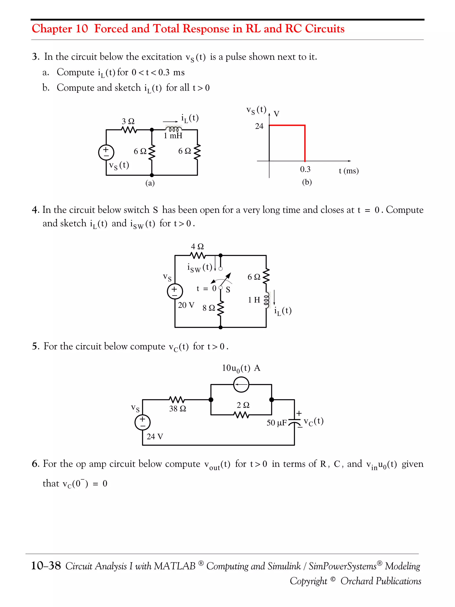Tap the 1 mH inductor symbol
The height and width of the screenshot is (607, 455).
tap(173, 129)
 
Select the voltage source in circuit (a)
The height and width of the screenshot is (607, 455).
tap(106, 152)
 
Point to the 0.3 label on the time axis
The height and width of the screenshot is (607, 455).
tap(305, 169)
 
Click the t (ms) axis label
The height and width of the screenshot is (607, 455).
tap(348, 171)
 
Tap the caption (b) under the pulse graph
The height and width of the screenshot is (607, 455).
tap(307, 182)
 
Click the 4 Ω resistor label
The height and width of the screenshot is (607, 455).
tap(197, 246)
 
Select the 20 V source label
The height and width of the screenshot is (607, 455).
tap(186, 305)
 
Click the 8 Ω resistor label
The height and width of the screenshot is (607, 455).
tap(208, 308)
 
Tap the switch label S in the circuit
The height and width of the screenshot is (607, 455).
tap(228, 290)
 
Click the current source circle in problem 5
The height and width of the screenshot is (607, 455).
tap(241, 385)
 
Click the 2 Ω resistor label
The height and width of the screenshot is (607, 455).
tap(243, 405)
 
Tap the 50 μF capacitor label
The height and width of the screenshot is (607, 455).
tap(276, 423)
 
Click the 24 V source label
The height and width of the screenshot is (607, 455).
tap(155, 436)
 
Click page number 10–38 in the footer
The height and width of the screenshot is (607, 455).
tap(46, 566)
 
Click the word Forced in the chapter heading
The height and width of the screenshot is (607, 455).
tap(111, 28)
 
